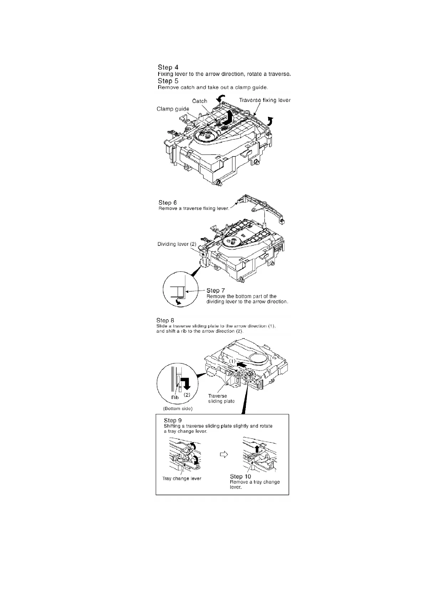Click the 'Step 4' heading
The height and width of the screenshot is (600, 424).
coord(168,67)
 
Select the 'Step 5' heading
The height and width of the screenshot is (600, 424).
coord(168,81)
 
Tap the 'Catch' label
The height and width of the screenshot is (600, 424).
coord(200,101)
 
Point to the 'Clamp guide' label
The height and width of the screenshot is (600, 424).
coord(173,109)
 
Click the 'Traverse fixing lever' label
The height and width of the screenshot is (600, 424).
coord(264,100)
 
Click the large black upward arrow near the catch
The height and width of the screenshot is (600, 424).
coord(228,119)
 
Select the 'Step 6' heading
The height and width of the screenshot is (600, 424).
coord(167,203)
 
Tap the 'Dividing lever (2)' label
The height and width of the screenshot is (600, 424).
coord(177,244)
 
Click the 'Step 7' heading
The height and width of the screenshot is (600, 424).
coord(216,291)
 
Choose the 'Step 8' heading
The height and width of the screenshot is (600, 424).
coord(165,320)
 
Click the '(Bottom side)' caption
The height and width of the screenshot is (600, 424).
coord(178,409)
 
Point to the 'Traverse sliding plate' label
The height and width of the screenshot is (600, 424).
coord(221,398)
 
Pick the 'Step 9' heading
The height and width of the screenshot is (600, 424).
coord(173,420)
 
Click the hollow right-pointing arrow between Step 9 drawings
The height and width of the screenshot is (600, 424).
coord(224,454)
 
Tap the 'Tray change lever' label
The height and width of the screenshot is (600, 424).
coord(182,479)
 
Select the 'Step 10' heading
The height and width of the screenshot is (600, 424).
coord(240,476)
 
